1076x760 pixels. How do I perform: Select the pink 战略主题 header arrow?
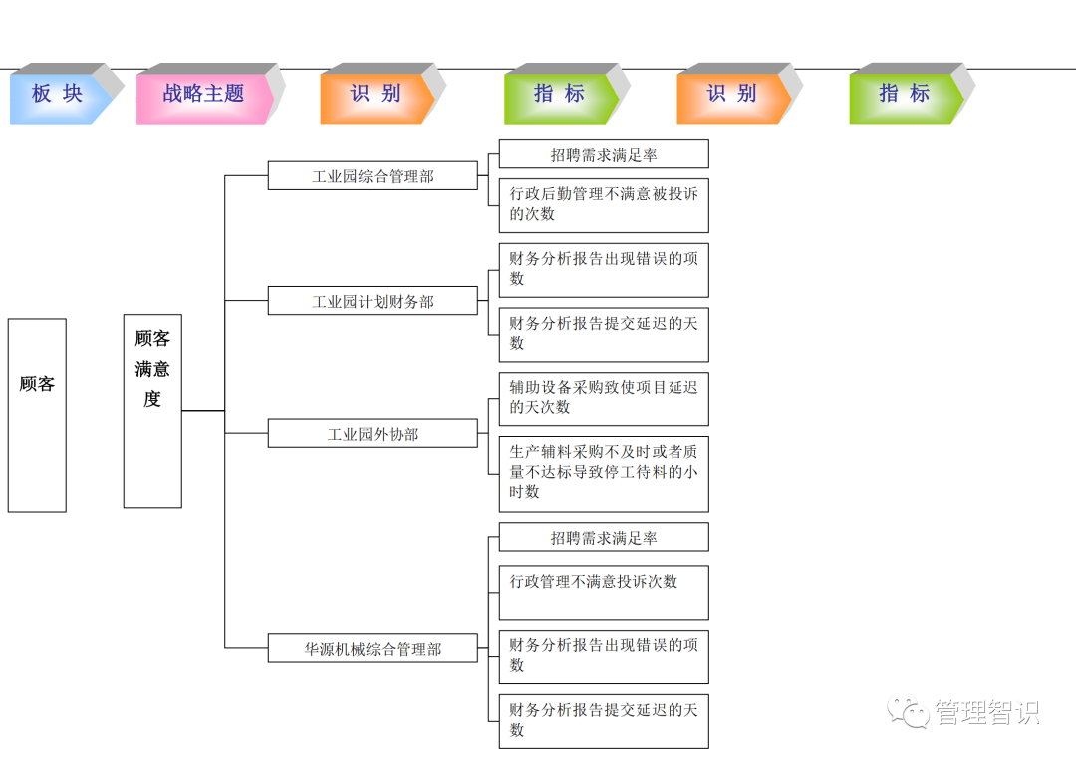point(203,95)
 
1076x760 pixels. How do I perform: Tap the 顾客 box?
point(37,414)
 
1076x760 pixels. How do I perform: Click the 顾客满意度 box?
point(152,410)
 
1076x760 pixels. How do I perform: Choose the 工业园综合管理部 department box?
point(373,176)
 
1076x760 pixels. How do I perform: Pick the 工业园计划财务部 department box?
point(373,301)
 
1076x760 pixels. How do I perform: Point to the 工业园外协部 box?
point(373,434)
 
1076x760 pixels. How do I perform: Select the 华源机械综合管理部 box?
point(373,649)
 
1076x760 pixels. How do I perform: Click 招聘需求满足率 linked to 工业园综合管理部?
point(604,154)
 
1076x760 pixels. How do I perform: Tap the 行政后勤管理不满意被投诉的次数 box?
point(604,204)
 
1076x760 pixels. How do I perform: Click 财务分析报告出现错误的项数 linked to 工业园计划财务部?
point(604,269)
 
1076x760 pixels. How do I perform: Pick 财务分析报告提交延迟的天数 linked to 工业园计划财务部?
point(604,334)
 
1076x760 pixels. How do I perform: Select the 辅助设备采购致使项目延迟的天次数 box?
point(604,398)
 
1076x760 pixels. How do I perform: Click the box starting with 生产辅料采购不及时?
point(604,473)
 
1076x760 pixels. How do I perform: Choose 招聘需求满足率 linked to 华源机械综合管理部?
point(604,538)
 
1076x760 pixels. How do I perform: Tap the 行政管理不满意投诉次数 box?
point(604,592)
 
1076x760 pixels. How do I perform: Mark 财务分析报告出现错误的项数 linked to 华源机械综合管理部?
point(604,656)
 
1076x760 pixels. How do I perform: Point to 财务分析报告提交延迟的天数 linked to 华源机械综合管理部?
point(604,721)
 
